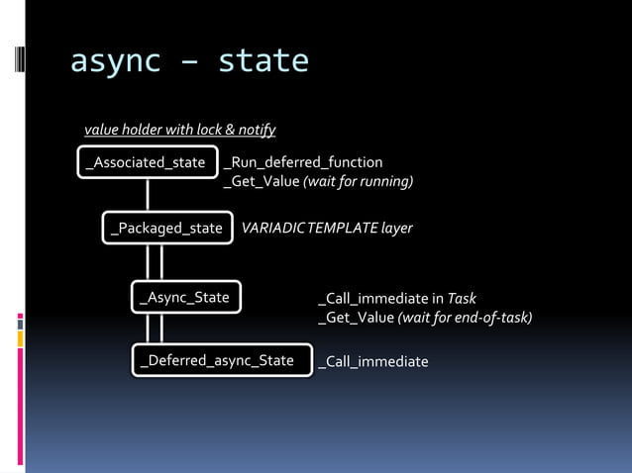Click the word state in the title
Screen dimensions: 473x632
pyautogui.click(x=263, y=62)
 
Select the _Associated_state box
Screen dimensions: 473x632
pyautogui.click(x=148, y=162)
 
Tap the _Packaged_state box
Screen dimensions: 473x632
pyautogui.click(x=167, y=229)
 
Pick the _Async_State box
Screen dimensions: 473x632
pyautogui.click(x=186, y=297)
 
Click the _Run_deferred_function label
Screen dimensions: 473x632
pyautogui.click(x=303, y=162)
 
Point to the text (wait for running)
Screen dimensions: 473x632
pyautogui.click(x=358, y=182)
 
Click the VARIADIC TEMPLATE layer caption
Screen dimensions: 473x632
pyautogui.click(x=327, y=229)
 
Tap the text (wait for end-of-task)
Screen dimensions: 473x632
pyautogui.click(x=465, y=318)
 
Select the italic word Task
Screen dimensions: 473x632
pyautogui.click(x=463, y=298)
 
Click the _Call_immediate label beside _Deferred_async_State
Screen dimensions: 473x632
pyautogui.click(x=373, y=362)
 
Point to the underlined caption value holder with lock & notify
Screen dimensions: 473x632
pyautogui.click(x=179, y=130)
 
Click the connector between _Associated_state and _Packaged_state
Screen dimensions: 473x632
pyautogui.click(x=148, y=195)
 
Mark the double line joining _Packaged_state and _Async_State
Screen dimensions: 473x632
pyautogui.click(x=155, y=262)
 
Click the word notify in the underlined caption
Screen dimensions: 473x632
pyautogui.click(x=257, y=130)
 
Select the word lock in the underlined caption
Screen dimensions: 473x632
pyautogui.click(x=218, y=130)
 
